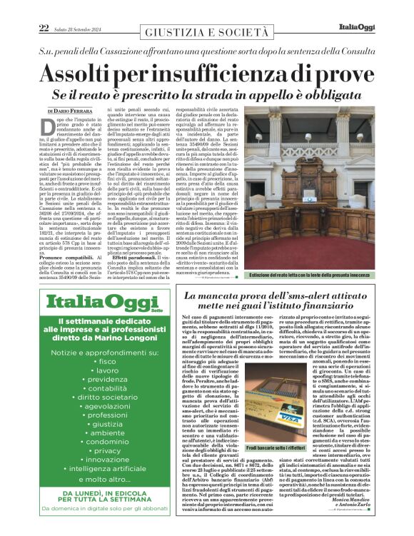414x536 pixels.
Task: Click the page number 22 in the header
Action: coord(44,28)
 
